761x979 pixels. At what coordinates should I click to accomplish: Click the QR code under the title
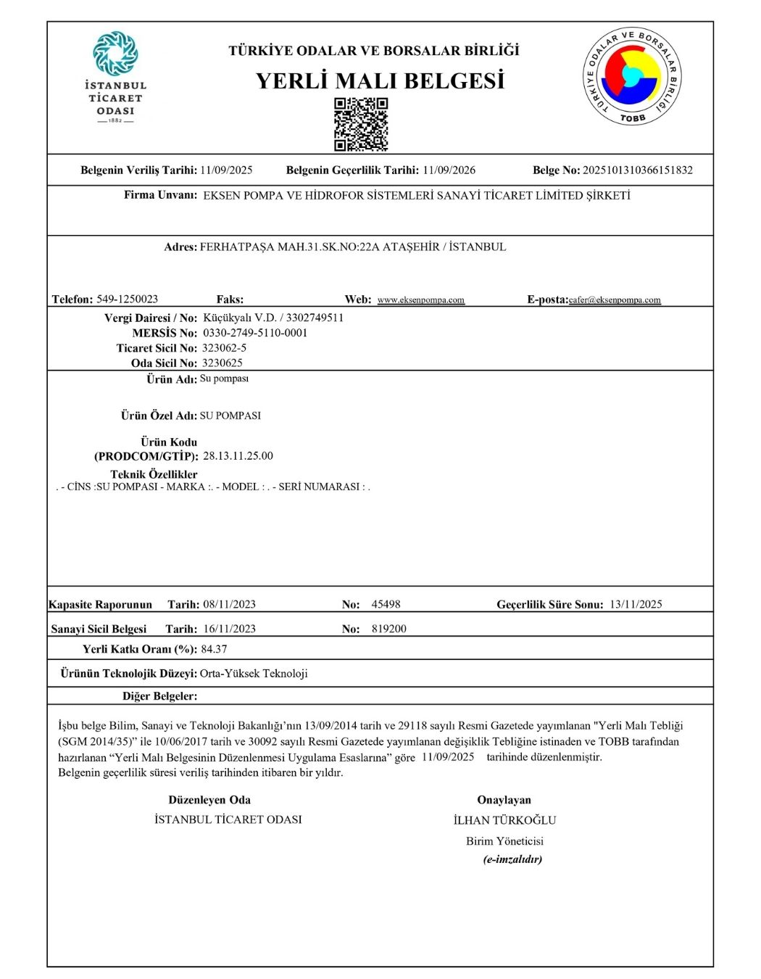coord(361,124)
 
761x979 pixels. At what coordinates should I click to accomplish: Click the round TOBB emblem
coord(633,77)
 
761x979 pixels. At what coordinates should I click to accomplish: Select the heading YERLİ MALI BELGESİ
coord(380,80)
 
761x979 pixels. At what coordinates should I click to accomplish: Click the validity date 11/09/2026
coord(449,170)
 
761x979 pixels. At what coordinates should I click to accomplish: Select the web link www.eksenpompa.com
coord(421,300)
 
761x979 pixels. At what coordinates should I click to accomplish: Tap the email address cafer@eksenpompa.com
coord(615,300)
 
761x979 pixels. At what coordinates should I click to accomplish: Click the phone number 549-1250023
coord(127,299)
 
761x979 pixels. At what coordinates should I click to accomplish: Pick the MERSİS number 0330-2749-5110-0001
coord(255,333)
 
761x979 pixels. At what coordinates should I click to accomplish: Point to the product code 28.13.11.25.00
coord(238,456)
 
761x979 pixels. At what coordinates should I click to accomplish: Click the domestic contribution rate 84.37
coord(214,649)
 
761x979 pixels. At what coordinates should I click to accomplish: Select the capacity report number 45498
coord(386,604)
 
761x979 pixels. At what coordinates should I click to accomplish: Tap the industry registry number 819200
coord(388,629)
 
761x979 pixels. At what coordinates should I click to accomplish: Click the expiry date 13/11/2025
coord(636,604)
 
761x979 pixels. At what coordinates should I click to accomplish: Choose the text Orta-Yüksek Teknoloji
coord(254,674)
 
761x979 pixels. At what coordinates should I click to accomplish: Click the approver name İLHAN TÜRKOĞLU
coord(504,820)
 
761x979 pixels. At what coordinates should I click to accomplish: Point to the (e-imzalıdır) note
coord(512,859)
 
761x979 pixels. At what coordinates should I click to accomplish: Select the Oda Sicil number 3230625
coord(223,363)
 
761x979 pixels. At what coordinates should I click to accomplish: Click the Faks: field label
coord(230,300)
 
